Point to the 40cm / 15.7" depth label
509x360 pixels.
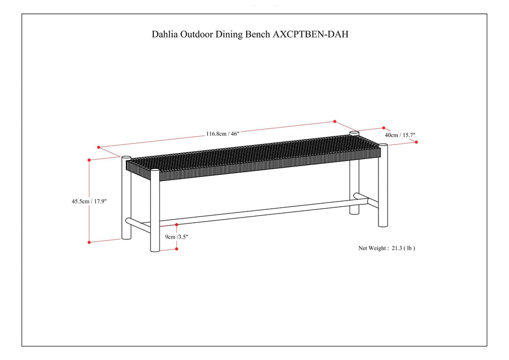pos(401,135)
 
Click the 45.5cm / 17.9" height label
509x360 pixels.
pos(89,202)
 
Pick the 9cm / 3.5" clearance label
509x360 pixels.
pos(177,237)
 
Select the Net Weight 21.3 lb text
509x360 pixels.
pos(387,248)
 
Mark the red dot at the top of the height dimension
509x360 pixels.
pos(89,160)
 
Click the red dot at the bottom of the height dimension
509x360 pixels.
pos(89,242)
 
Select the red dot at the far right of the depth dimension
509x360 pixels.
pos(416,142)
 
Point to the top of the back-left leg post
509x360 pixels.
pos(126,158)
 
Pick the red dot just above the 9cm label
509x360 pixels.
pos(177,225)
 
